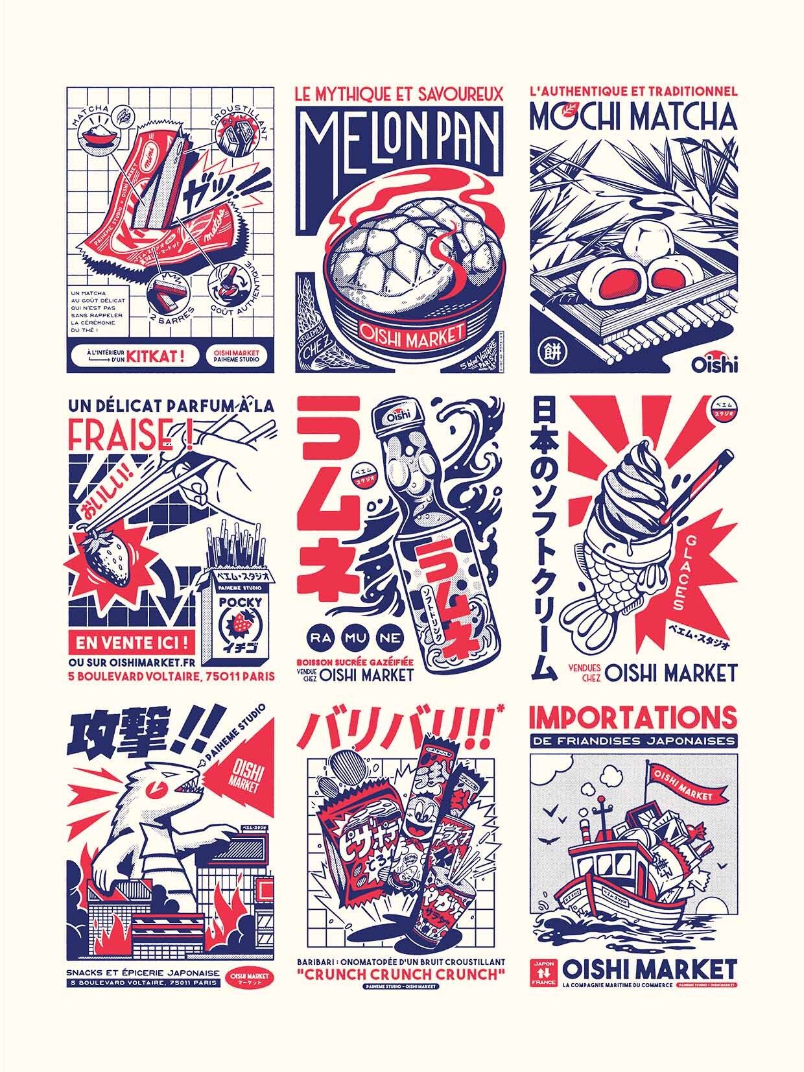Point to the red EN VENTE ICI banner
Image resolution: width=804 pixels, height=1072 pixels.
pos(132,644)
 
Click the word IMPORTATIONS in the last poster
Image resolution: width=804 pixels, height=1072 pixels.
pos(633,717)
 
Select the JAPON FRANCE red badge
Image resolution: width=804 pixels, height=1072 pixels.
pos(543,973)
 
